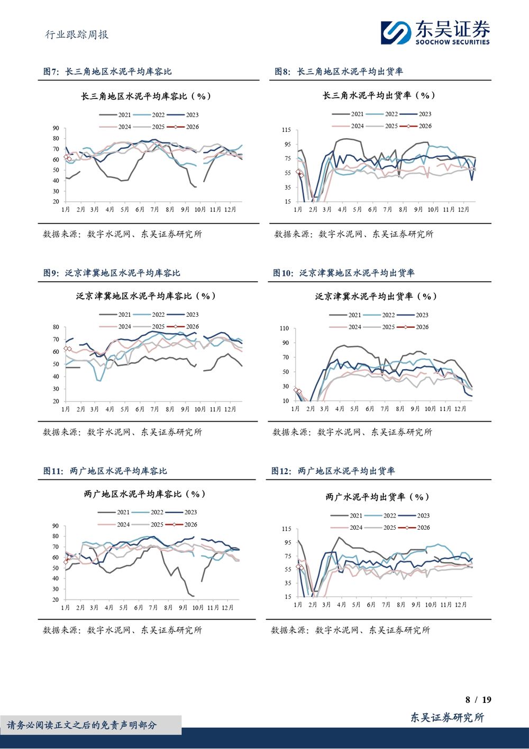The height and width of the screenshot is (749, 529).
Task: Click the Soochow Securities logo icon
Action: click(x=396, y=32)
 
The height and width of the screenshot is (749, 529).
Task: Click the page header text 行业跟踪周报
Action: click(x=77, y=35)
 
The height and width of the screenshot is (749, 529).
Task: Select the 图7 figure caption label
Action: click(x=107, y=72)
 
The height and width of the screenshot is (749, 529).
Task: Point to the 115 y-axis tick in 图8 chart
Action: click(x=287, y=130)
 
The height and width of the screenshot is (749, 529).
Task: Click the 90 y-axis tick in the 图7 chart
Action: click(x=56, y=128)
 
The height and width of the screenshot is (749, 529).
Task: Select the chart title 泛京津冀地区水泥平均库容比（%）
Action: click(x=145, y=296)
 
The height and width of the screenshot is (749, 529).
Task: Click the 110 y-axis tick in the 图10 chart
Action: click(x=285, y=328)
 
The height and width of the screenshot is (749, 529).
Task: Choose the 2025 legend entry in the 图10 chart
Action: click(x=382, y=327)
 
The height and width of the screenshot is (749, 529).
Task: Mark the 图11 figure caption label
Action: click(x=105, y=471)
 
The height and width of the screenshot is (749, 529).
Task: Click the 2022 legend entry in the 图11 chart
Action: click(x=151, y=512)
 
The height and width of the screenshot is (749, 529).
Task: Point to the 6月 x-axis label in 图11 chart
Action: click(x=139, y=608)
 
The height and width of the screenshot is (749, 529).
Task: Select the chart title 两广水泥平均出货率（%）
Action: click(x=377, y=497)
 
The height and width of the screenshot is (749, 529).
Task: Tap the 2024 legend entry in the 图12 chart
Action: click(x=350, y=528)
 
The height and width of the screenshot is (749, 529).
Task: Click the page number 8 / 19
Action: click(x=478, y=700)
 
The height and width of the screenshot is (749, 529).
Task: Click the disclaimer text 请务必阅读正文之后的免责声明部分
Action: click(x=82, y=725)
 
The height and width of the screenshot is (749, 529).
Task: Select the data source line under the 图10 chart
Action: click(x=352, y=432)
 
